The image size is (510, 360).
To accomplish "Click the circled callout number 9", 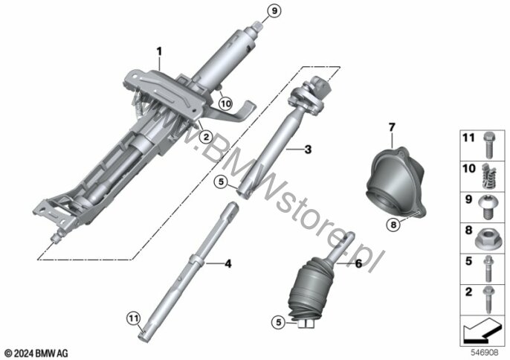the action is (274, 11).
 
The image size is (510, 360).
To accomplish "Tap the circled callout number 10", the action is (225, 104).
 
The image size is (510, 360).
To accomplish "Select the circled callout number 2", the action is (205, 138).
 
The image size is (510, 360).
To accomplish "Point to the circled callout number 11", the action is (133, 318).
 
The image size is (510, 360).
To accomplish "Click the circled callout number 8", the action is (393, 225).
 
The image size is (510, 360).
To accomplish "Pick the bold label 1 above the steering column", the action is (159, 51).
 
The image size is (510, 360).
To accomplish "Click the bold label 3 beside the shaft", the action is (307, 150).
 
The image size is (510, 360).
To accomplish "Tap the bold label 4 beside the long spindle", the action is (228, 263).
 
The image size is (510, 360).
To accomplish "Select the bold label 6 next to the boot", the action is (358, 263).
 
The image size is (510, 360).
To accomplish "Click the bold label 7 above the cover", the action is (392, 127).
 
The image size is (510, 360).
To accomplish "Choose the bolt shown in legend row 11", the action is (488, 144).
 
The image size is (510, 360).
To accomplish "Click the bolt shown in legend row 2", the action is (488, 299).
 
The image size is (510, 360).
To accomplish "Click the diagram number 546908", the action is (485, 353).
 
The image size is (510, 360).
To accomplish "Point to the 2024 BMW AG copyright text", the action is (36, 353).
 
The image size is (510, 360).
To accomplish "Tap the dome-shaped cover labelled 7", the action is (396, 182).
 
